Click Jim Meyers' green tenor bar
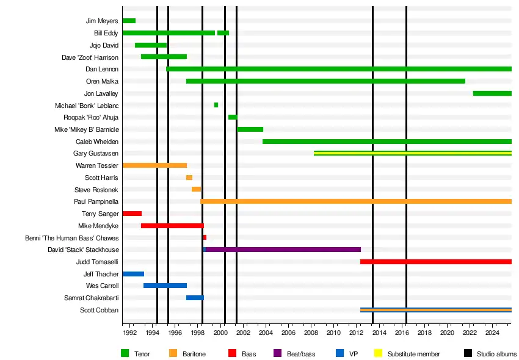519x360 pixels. point(129,21)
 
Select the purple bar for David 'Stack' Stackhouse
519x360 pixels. point(283,250)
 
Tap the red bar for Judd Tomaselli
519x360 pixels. point(435,262)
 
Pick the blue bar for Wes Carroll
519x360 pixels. point(165,286)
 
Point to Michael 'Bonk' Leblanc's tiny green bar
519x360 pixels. point(216,105)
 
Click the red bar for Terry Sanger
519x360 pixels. point(132,214)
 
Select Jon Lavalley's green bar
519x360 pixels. point(492,93)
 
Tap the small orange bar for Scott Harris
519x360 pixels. point(189,178)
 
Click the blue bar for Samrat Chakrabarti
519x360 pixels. point(195,298)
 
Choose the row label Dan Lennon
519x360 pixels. point(102,70)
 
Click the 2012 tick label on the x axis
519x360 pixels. point(356,333)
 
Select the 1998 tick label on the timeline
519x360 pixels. point(197,333)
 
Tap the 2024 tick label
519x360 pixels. point(492,333)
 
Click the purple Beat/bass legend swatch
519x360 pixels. point(278,353)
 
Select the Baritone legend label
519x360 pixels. point(194,354)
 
